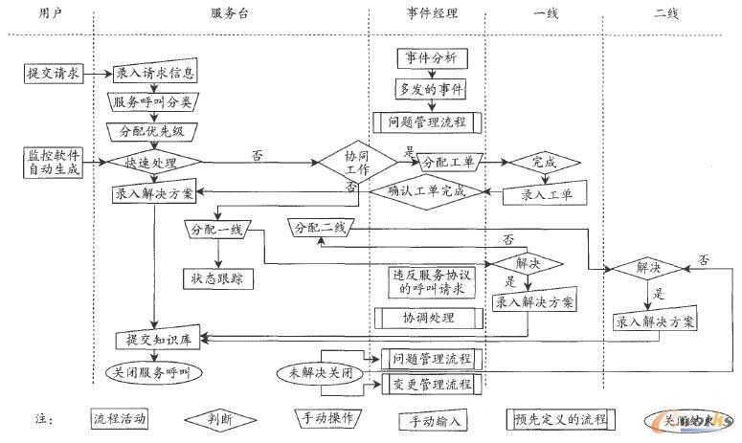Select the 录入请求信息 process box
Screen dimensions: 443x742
click(x=156, y=72)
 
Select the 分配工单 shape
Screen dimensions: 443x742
click(x=447, y=162)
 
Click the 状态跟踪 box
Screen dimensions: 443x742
click(x=219, y=278)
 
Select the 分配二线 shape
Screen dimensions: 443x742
click(x=321, y=228)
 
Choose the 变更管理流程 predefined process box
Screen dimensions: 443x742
click(x=432, y=385)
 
